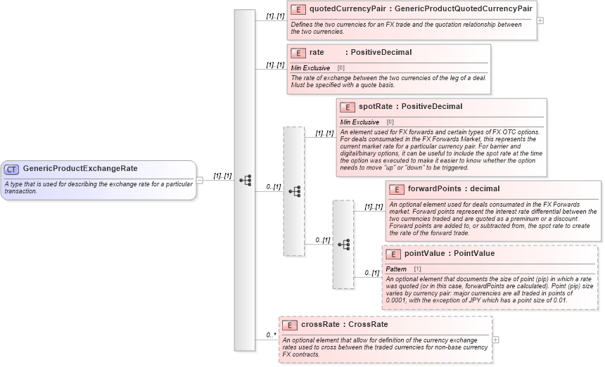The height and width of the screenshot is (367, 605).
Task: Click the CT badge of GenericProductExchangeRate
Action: point(12,169)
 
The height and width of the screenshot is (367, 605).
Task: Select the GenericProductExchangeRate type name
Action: point(80,169)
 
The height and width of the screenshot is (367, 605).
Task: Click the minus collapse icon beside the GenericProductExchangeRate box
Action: point(200,180)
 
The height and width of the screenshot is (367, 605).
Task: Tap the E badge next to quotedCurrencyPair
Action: point(298,9)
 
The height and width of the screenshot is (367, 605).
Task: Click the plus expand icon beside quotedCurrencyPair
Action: point(540,20)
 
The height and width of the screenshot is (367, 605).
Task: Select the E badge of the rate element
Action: point(298,53)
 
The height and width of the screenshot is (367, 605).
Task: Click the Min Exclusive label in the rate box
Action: point(310,68)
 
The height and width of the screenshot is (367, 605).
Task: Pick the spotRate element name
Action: point(375,107)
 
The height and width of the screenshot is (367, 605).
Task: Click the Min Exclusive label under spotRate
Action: point(359,122)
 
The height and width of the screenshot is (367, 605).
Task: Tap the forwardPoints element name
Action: point(434,189)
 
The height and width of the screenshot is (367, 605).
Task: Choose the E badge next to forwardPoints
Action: point(396,189)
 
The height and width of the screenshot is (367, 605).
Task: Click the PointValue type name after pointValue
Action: point(473,254)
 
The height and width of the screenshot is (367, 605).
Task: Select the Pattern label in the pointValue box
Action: point(397,269)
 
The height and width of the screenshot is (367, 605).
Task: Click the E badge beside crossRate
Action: point(289,325)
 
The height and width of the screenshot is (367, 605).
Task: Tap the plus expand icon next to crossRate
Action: point(496,339)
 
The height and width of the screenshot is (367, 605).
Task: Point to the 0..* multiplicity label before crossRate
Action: point(270,335)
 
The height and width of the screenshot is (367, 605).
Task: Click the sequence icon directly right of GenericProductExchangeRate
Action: point(245,180)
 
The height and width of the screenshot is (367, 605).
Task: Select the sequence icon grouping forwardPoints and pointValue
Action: point(343,244)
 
